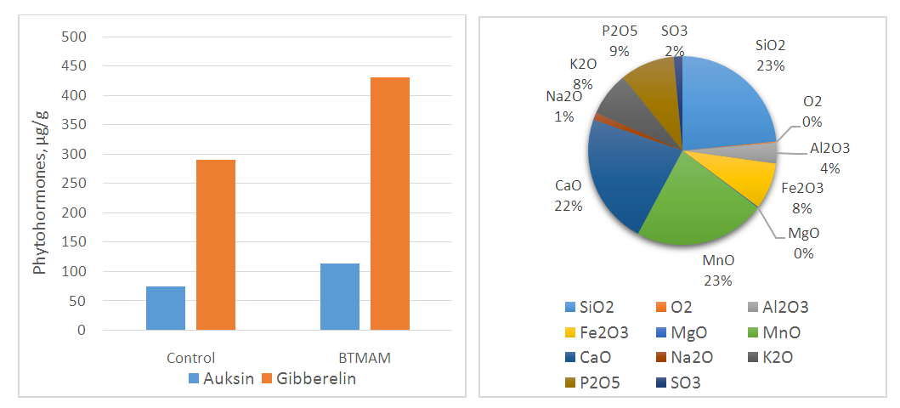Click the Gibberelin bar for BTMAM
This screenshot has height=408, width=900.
click(x=390, y=204)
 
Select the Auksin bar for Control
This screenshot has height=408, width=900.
click(x=166, y=308)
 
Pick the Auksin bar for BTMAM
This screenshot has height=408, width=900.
click(x=340, y=297)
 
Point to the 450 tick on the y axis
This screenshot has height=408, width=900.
click(x=76, y=66)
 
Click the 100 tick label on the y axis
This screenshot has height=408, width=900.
click(x=76, y=272)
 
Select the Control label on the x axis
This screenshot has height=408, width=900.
click(x=190, y=358)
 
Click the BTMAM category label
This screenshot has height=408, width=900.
click(x=364, y=358)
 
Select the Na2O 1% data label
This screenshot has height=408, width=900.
click(x=564, y=106)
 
